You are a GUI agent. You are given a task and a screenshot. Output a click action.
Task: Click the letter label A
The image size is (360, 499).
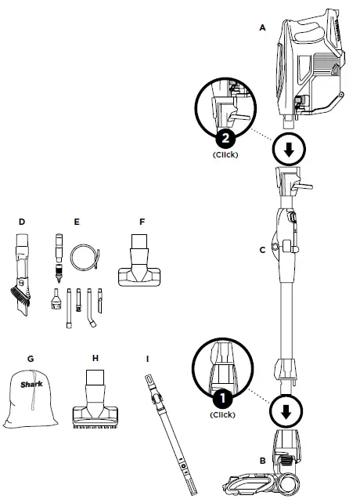coord(263,27)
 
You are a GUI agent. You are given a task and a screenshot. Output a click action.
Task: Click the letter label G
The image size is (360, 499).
coord(30,359)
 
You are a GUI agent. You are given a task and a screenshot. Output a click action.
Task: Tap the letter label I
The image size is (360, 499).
coord(147,359)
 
